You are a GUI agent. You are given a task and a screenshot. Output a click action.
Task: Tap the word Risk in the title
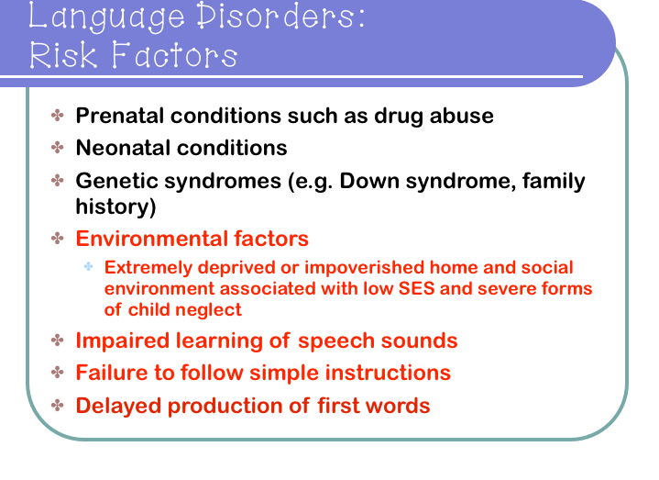pyautogui.click(x=65, y=57)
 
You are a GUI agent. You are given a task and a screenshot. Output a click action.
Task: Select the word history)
pyautogui.click(x=115, y=207)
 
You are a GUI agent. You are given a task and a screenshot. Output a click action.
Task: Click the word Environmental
pyautogui.click(x=147, y=239)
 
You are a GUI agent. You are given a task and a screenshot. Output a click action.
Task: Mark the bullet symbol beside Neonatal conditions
pyautogui.click(x=58, y=147)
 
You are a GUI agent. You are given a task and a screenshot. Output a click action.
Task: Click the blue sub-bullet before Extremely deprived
pyautogui.click(x=89, y=267)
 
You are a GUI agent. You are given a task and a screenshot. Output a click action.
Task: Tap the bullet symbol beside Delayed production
pyautogui.click(x=58, y=404)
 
